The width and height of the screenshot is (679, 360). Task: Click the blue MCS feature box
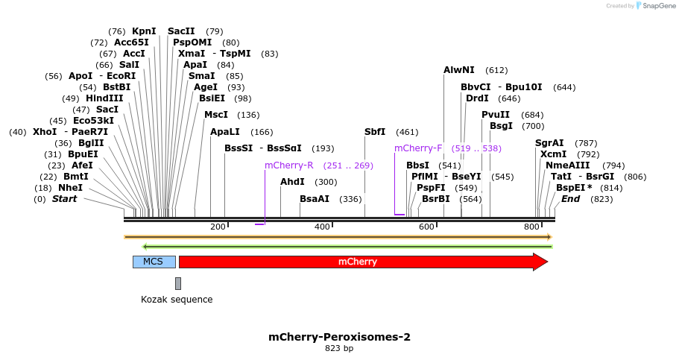click(x=154, y=262)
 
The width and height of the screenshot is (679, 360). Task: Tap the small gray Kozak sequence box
click(x=178, y=283)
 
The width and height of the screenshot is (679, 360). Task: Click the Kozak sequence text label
click(x=177, y=300)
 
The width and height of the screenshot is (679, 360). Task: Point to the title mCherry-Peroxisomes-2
click(x=339, y=337)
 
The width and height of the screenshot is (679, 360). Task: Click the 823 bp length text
click(x=339, y=348)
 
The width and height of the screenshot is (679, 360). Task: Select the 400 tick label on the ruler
click(x=322, y=227)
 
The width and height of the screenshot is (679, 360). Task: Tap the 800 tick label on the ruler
click(x=531, y=227)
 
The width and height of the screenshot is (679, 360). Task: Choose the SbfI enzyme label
click(x=375, y=132)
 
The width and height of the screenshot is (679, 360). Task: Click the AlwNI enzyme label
click(x=458, y=70)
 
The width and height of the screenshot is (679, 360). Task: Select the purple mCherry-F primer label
click(x=418, y=148)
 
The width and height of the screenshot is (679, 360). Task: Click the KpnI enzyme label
click(x=144, y=31)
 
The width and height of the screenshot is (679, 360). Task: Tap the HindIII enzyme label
click(x=104, y=98)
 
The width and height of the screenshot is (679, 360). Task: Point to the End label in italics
click(x=570, y=199)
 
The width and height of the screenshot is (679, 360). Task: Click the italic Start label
click(x=64, y=199)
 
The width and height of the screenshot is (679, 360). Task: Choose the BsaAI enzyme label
click(x=315, y=199)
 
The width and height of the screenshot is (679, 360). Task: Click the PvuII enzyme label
click(x=496, y=115)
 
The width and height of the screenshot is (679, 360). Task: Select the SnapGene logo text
click(x=655, y=6)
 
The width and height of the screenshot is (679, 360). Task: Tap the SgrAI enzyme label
click(x=549, y=143)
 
